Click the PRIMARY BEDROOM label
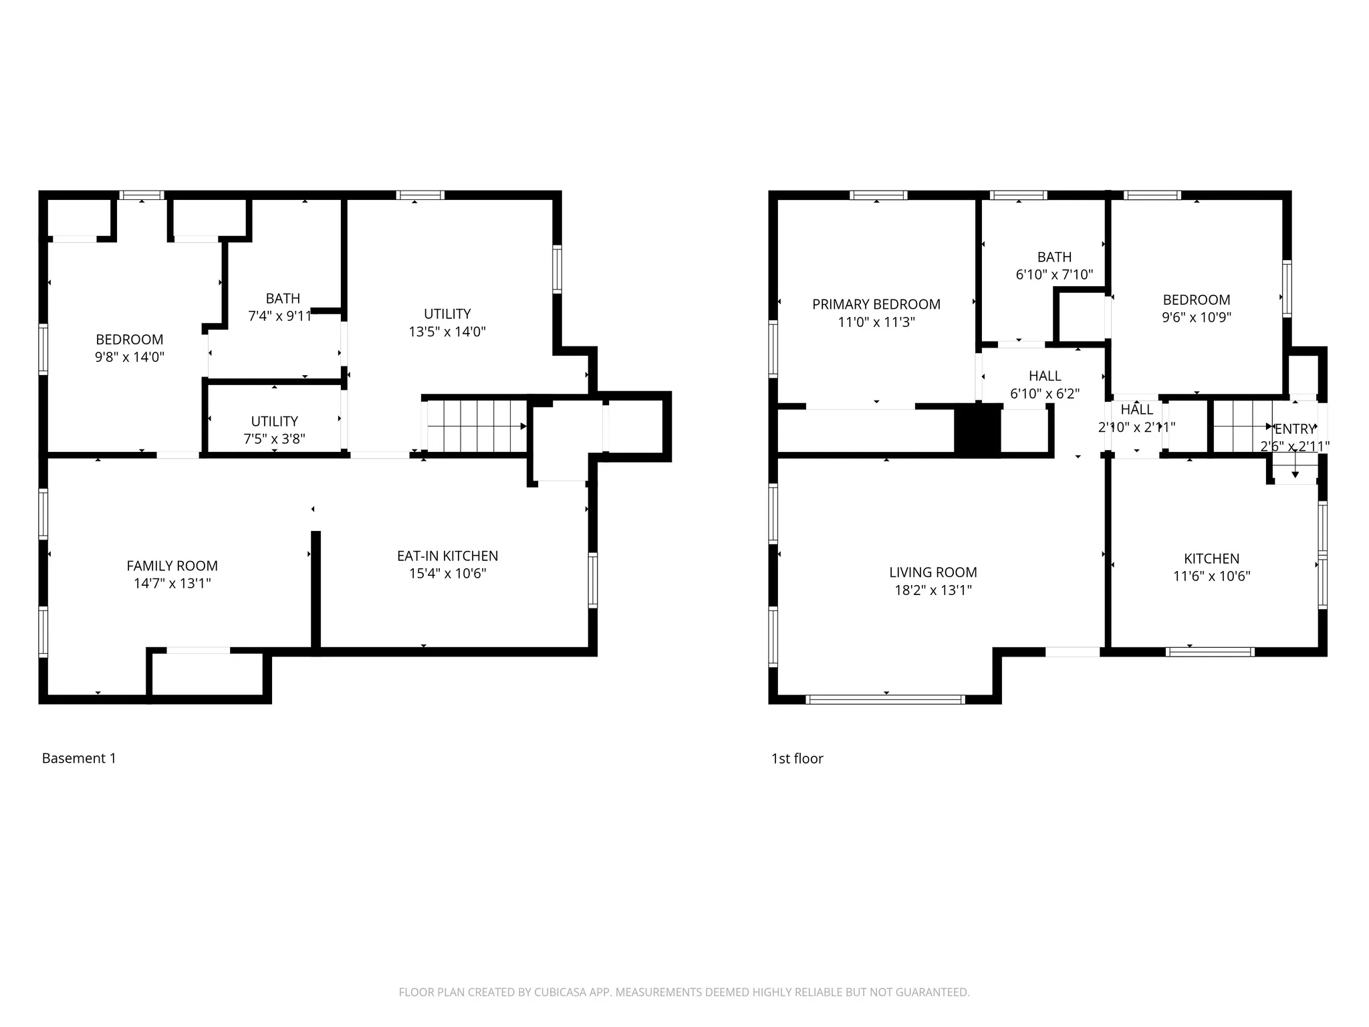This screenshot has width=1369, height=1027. tap(876, 304)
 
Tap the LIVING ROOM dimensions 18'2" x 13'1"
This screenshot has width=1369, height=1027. tap(933, 590)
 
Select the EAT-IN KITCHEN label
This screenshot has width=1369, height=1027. tap(447, 556)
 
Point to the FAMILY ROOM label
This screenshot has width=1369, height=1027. tap(172, 566)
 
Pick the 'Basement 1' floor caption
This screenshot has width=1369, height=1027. tap(79, 758)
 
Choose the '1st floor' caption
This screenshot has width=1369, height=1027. tap(797, 758)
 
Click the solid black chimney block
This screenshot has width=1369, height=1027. tap(977, 431)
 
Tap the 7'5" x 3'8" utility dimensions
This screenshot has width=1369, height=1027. tap(274, 439)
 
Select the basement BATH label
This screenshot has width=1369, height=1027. tap(283, 298)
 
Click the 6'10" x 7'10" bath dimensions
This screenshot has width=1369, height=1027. tap(1054, 274)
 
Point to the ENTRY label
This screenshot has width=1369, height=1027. tap(1294, 429)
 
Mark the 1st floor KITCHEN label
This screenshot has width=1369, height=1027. tap(1211, 558)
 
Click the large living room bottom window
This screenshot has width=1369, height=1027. tap(886, 699)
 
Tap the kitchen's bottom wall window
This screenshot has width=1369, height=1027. tap(1210, 652)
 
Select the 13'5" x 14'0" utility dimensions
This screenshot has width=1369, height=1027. tap(447, 331)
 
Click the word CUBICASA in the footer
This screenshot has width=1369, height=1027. tap(559, 992)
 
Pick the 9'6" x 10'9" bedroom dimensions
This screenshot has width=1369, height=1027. tap(1196, 317)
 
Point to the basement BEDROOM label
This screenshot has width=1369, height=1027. tap(130, 339)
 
